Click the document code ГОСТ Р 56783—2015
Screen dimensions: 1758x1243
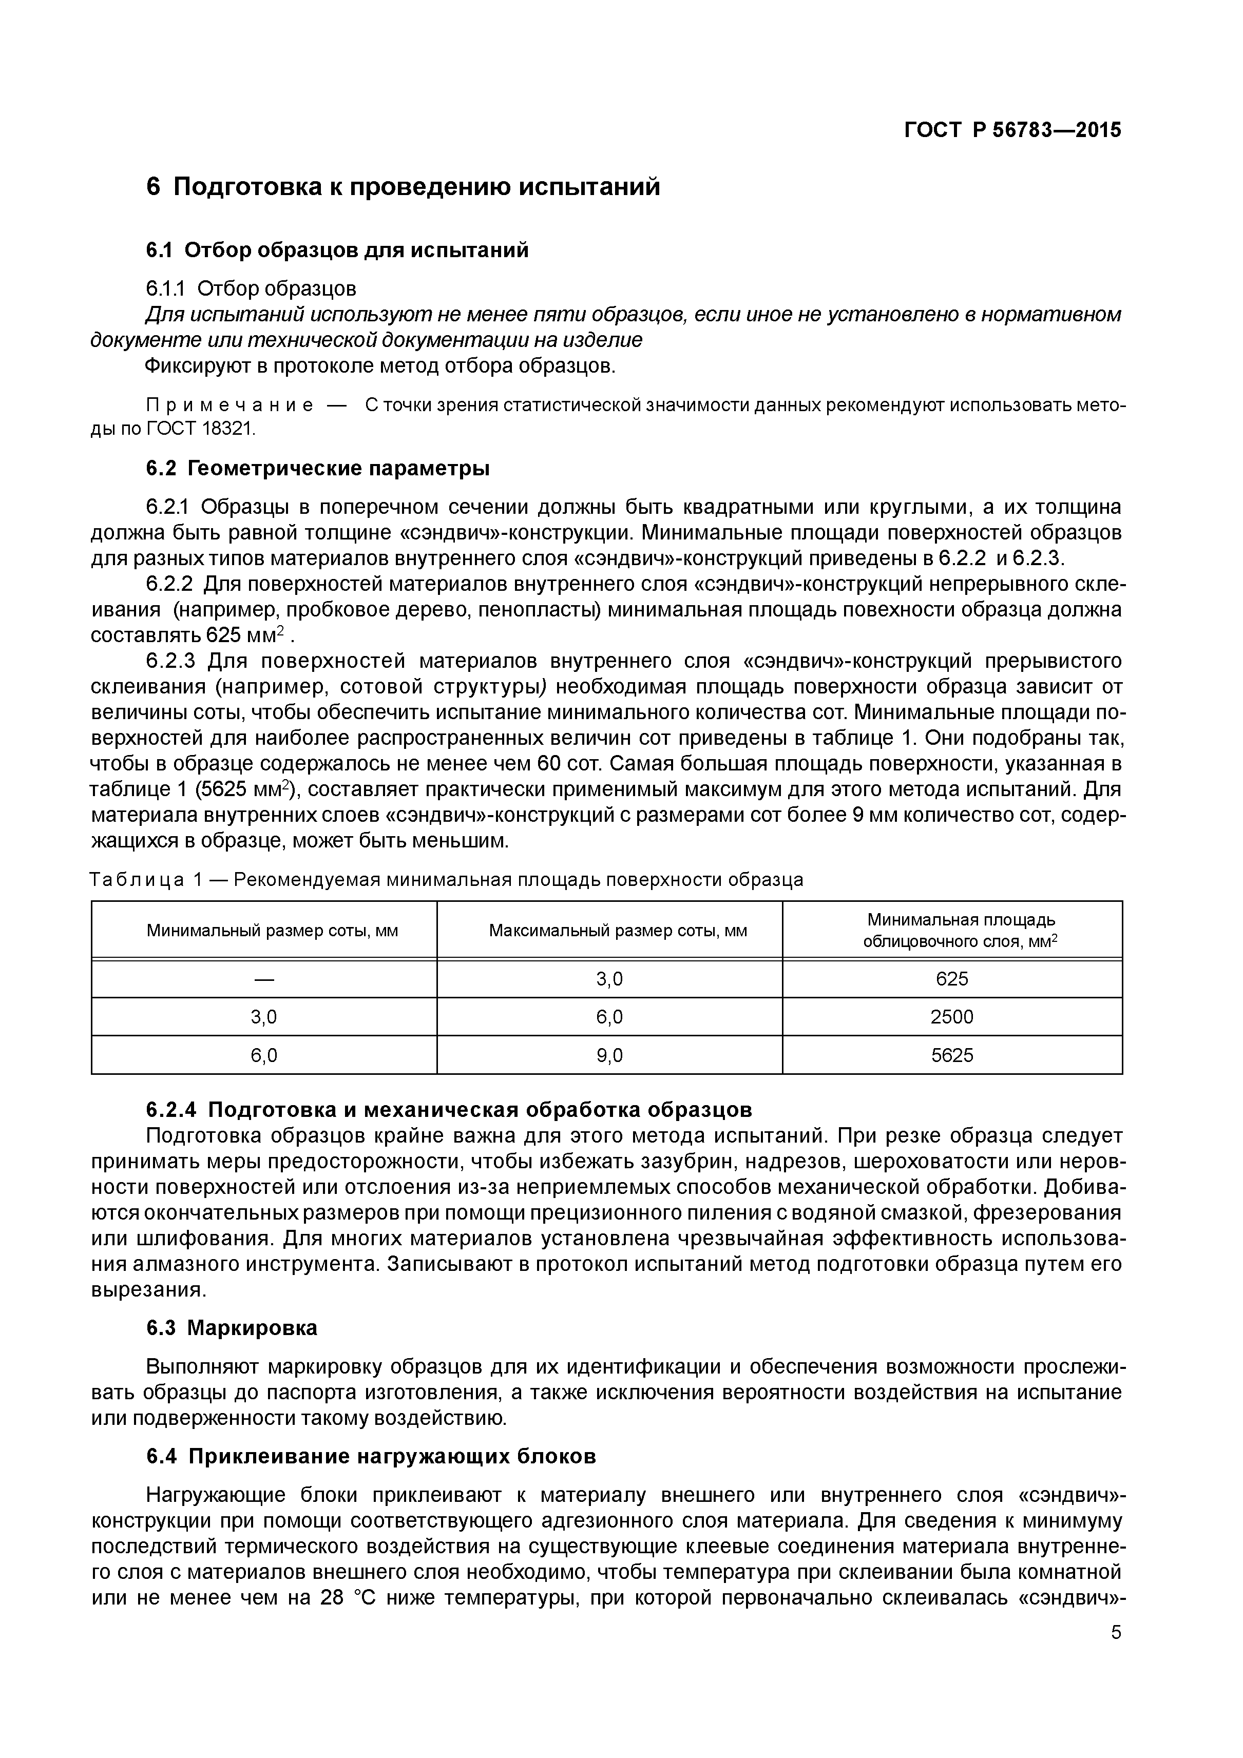(1012, 130)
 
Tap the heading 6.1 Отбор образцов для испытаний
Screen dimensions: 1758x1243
(337, 250)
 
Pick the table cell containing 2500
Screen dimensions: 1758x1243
(952, 1017)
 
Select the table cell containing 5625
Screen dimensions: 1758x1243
(952, 1055)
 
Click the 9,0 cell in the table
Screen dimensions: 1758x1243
(609, 1055)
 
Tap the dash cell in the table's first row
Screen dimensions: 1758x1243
(263, 978)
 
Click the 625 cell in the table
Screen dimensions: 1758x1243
(952, 978)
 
